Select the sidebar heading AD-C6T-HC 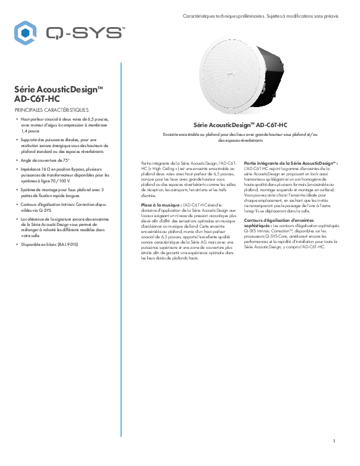click(36, 99)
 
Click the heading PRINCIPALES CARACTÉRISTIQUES click(51, 110)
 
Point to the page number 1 click(334, 441)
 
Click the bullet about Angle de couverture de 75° click(46, 159)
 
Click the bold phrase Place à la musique click(161, 204)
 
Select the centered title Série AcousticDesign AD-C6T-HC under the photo click(241, 125)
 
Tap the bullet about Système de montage click(62, 193)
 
